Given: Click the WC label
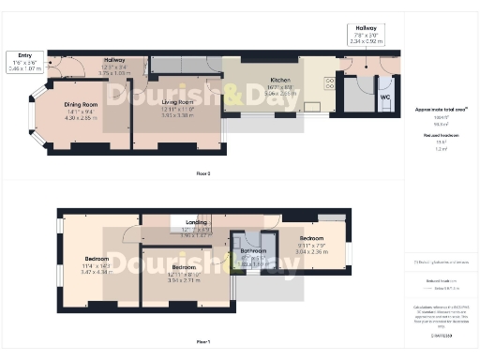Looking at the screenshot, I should coord(385,96).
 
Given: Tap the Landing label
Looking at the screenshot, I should coord(197,222).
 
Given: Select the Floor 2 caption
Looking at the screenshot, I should coord(202,173).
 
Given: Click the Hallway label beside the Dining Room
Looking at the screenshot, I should coord(114,59).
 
